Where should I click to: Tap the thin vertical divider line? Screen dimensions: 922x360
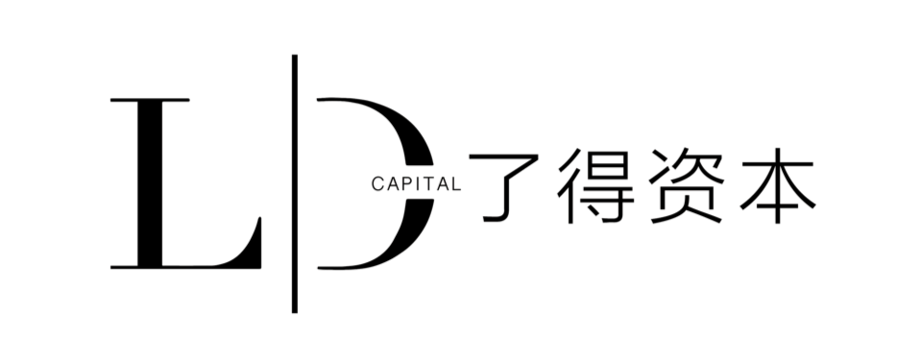click(295, 183)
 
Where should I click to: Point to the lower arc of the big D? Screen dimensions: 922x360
click(400, 241)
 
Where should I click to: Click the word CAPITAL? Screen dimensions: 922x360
click(416, 184)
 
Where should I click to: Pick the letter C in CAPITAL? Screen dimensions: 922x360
click(377, 184)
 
